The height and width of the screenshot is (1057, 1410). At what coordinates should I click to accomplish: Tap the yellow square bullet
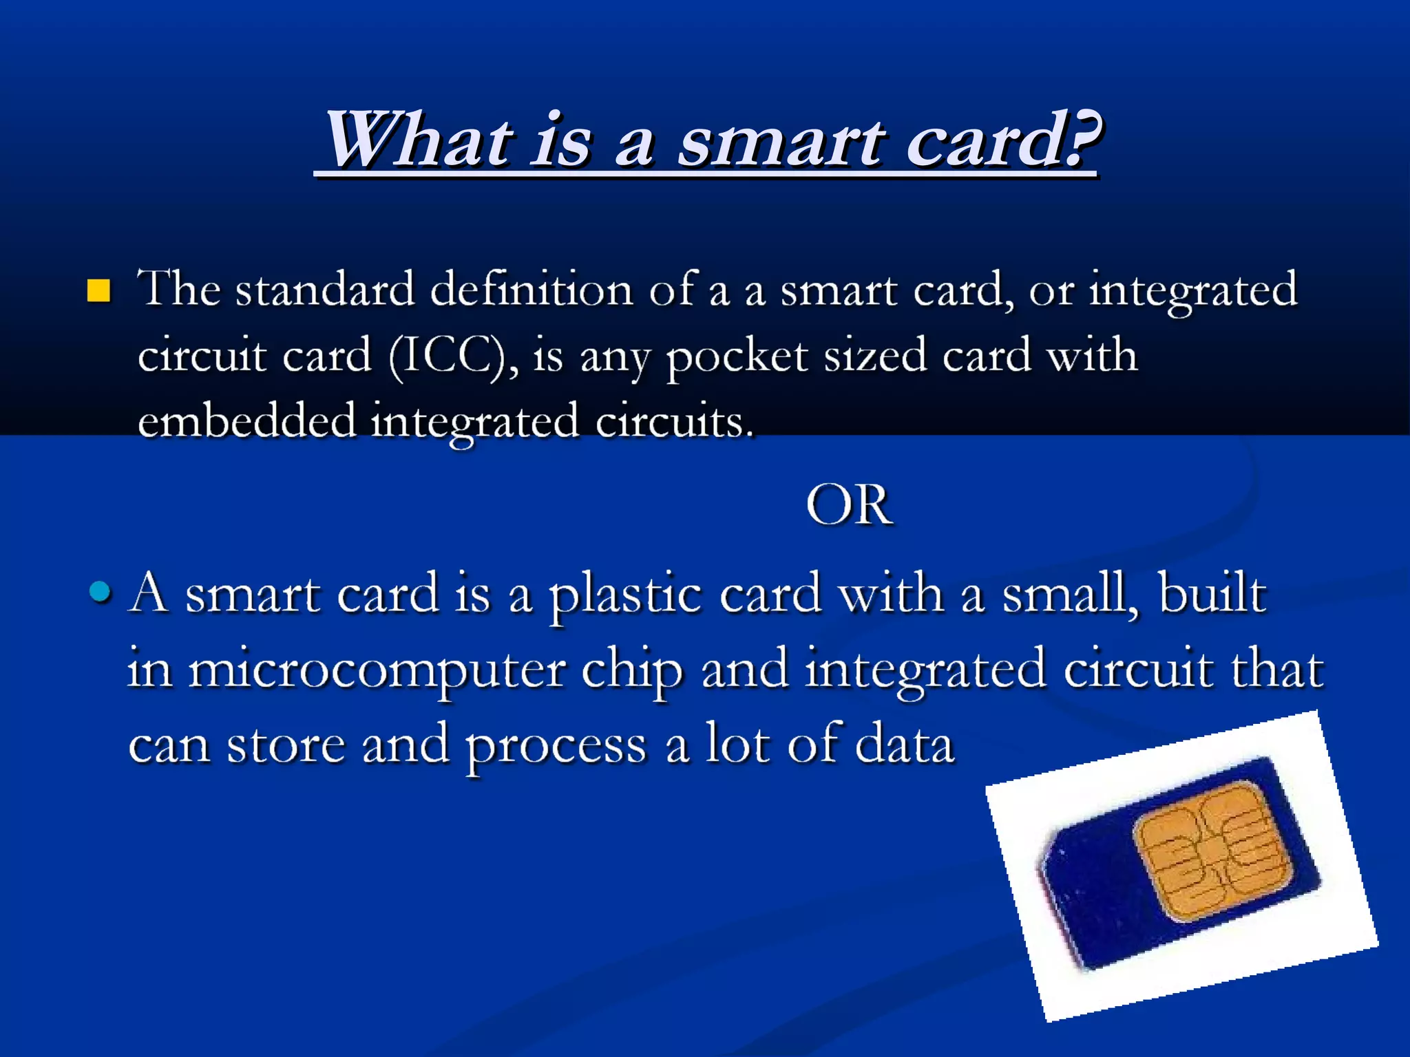pos(99,291)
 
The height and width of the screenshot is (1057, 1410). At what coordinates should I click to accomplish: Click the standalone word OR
pos(849,505)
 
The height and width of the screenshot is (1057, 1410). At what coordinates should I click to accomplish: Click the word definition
pos(531,290)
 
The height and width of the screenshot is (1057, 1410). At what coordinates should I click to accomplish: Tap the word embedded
pos(246,421)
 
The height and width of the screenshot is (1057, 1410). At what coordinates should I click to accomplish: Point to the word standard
pos(325,290)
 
